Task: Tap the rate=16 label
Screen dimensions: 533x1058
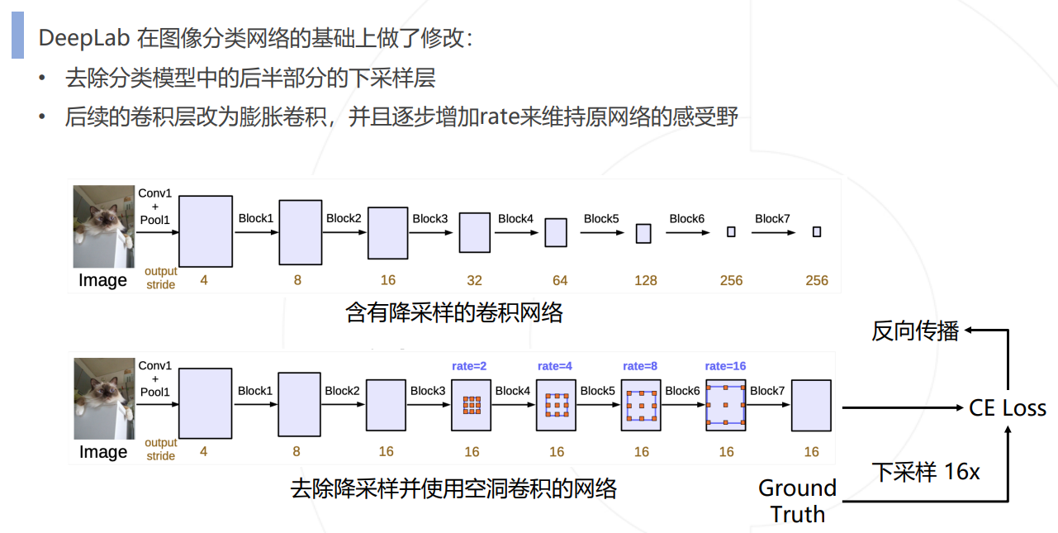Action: pyautogui.click(x=725, y=365)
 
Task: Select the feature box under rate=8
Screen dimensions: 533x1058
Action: pyautogui.click(x=642, y=405)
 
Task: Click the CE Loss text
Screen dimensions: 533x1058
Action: pyautogui.click(x=1008, y=408)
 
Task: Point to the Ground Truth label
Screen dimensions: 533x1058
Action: pyautogui.click(x=797, y=501)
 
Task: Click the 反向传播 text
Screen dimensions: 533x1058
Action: pyautogui.click(x=915, y=331)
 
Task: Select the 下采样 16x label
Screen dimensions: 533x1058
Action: pyautogui.click(x=926, y=472)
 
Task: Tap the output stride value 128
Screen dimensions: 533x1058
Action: pyautogui.click(x=645, y=280)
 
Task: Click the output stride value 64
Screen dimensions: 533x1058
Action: pyautogui.click(x=560, y=280)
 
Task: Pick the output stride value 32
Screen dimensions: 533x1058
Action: pyautogui.click(x=474, y=280)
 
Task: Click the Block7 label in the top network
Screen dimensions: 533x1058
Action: pyautogui.click(x=772, y=218)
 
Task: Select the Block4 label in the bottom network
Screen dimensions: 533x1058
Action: pyautogui.click(x=512, y=390)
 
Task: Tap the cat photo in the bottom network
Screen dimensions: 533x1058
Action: pyautogui.click(x=103, y=398)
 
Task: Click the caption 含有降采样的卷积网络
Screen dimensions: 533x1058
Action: pyautogui.click(x=453, y=313)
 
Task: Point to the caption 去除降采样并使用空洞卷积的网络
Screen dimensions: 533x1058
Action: pyautogui.click(x=453, y=488)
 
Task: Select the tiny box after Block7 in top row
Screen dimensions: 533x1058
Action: pyautogui.click(x=817, y=232)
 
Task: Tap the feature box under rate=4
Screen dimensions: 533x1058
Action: pyautogui.click(x=557, y=405)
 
